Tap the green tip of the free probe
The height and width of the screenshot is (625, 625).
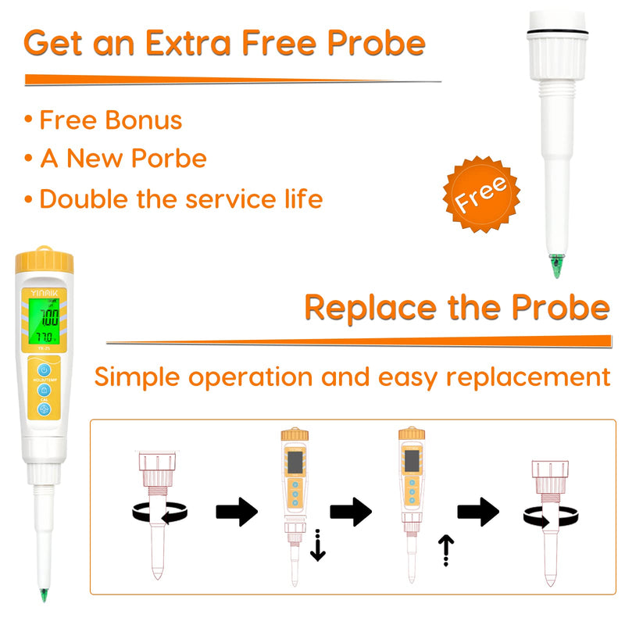click(x=556, y=266)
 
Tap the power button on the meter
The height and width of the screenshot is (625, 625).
click(x=45, y=370)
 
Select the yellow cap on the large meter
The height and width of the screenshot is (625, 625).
click(x=44, y=258)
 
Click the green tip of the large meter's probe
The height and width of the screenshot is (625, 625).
click(x=45, y=595)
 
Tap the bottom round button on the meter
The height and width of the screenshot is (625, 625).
click(x=45, y=409)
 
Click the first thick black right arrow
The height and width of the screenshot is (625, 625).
click(x=237, y=512)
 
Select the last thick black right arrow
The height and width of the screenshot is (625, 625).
click(x=477, y=512)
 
